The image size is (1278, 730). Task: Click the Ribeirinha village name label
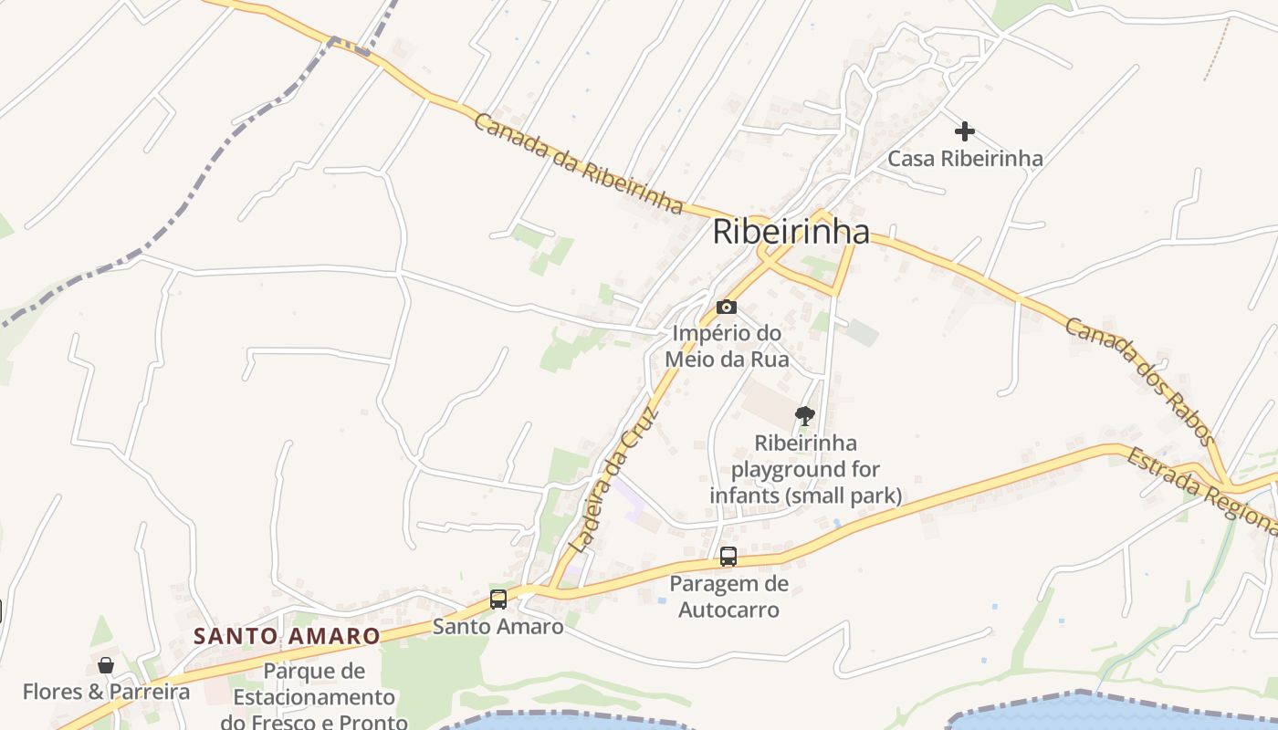[x=791, y=232]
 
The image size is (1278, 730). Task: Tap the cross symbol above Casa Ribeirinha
[x=965, y=131]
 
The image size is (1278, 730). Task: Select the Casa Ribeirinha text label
[x=965, y=159]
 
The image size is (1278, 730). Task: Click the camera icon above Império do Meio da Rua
[x=727, y=307]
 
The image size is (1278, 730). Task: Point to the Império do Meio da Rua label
[x=727, y=347]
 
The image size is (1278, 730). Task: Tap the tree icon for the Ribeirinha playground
[x=804, y=416]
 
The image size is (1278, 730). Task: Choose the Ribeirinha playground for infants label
[x=806, y=470]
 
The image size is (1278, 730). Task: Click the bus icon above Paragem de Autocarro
[x=728, y=556]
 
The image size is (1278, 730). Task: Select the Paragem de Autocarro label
[x=728, y=597]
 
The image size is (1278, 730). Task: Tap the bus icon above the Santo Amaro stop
[x=498, y=600]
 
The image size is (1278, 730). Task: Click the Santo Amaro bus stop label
[x=498, y=627]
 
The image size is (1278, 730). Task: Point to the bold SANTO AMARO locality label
[x=287, y=636]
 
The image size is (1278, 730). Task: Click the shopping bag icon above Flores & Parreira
[x=106, y=664]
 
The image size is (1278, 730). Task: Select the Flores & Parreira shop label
[x=106, y=692]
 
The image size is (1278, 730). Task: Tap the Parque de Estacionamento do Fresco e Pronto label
[x=315, y=697]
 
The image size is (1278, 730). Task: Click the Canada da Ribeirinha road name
[x=579, y=163]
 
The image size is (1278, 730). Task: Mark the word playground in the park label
[x=806, y=470]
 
